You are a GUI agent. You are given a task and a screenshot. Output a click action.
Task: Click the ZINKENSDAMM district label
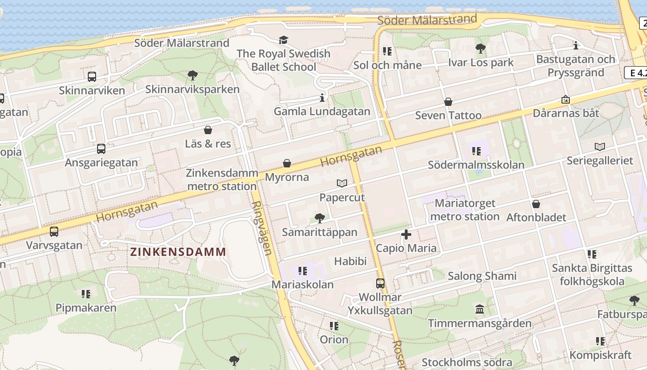178,252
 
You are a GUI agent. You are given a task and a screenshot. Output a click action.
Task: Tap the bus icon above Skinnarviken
92,77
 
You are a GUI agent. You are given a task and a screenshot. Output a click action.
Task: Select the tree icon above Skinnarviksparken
193,75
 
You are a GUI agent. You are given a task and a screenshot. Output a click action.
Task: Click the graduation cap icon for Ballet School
283,40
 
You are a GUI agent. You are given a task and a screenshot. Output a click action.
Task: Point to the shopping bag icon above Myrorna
287,163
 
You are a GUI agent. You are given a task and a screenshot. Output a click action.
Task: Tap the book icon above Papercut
342,184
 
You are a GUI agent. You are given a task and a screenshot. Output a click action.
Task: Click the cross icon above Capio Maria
406,234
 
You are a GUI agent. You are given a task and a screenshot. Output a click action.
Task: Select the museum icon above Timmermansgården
480,309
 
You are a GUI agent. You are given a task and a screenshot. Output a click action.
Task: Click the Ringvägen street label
262,228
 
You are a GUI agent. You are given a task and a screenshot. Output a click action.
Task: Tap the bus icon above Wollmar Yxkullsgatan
380,283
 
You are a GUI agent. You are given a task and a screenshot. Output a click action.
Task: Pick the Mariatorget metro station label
465,210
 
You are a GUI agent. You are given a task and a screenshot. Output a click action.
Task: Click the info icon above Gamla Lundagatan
322,98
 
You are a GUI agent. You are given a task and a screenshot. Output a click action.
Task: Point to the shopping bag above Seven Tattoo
448,102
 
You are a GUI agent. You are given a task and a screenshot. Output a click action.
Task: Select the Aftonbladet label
536,217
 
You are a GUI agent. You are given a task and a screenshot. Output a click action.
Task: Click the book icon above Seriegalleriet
600,147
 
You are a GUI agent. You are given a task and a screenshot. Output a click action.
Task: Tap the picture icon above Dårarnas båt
565,99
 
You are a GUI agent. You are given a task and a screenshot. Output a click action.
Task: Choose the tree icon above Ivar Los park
481,48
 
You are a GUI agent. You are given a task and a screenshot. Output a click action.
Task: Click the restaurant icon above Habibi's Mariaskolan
303,271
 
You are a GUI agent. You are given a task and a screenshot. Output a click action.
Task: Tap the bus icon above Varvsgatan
54,232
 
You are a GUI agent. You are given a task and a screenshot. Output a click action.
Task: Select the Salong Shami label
482,276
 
